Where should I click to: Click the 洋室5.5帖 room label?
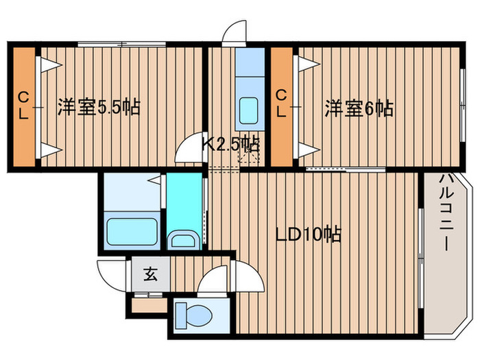[x=99, y=108]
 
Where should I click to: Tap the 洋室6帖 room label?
[x=359, y=108]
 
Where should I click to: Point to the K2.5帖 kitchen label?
[x=230, y=144]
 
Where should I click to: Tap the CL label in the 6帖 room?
[x=281, y=104]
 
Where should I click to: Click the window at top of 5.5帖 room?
[x=122, y=45]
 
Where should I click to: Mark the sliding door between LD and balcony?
[x=421, y=254]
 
